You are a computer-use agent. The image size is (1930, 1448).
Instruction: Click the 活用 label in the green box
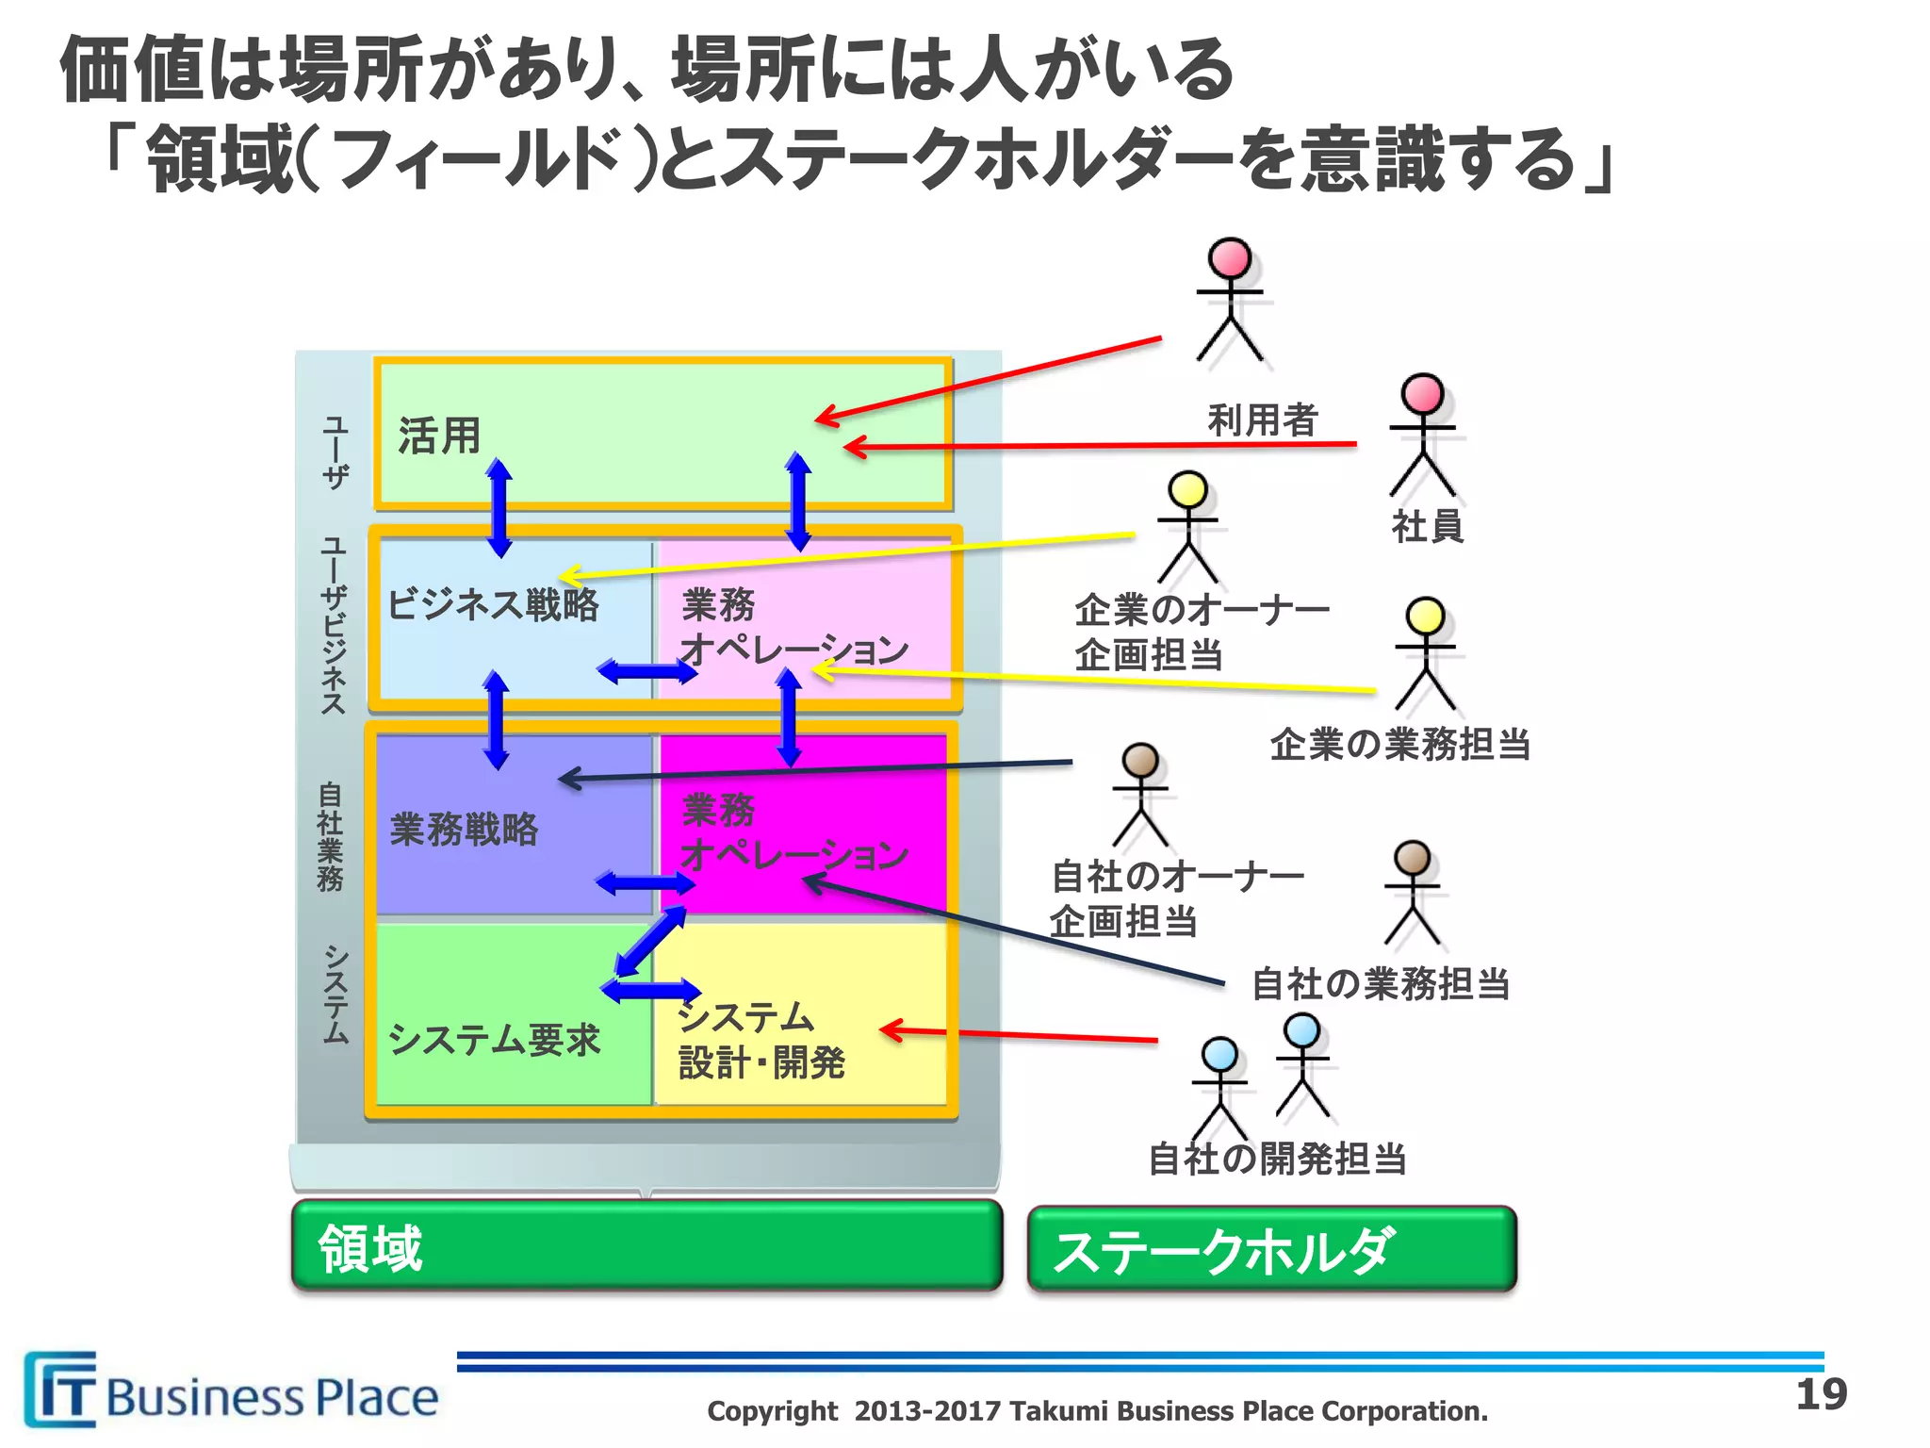click(439, 436)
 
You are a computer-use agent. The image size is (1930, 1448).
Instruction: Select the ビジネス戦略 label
click(493, 604)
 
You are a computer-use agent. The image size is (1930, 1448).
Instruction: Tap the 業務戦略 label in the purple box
click(464, 830)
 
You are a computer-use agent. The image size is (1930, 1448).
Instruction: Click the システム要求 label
click(494, 1040)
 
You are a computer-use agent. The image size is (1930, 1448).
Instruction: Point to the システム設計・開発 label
click(761, 1040)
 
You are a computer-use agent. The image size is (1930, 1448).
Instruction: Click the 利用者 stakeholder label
click(1262, 420)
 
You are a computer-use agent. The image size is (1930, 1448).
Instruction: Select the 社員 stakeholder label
click(1427, 526)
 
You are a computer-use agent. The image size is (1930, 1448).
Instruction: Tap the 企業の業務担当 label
click(1399, 745)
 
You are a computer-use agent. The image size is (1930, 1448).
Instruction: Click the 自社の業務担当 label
click(1381, 984)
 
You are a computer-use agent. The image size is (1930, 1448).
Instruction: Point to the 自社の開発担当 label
click(1277, 1159)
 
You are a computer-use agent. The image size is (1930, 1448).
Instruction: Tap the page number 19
click(1821, 1394)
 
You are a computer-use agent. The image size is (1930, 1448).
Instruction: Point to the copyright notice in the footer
click(1097, 1411)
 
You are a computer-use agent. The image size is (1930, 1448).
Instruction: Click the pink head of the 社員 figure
click(1422, 392)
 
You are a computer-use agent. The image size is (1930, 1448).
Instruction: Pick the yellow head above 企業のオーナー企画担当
click(1187, 489)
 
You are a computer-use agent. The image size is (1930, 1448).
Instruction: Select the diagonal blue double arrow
click(650, 941)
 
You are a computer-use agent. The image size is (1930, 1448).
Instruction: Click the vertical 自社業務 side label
click(331, 835)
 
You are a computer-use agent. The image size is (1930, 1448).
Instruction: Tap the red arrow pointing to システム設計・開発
click(1018, 1035)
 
